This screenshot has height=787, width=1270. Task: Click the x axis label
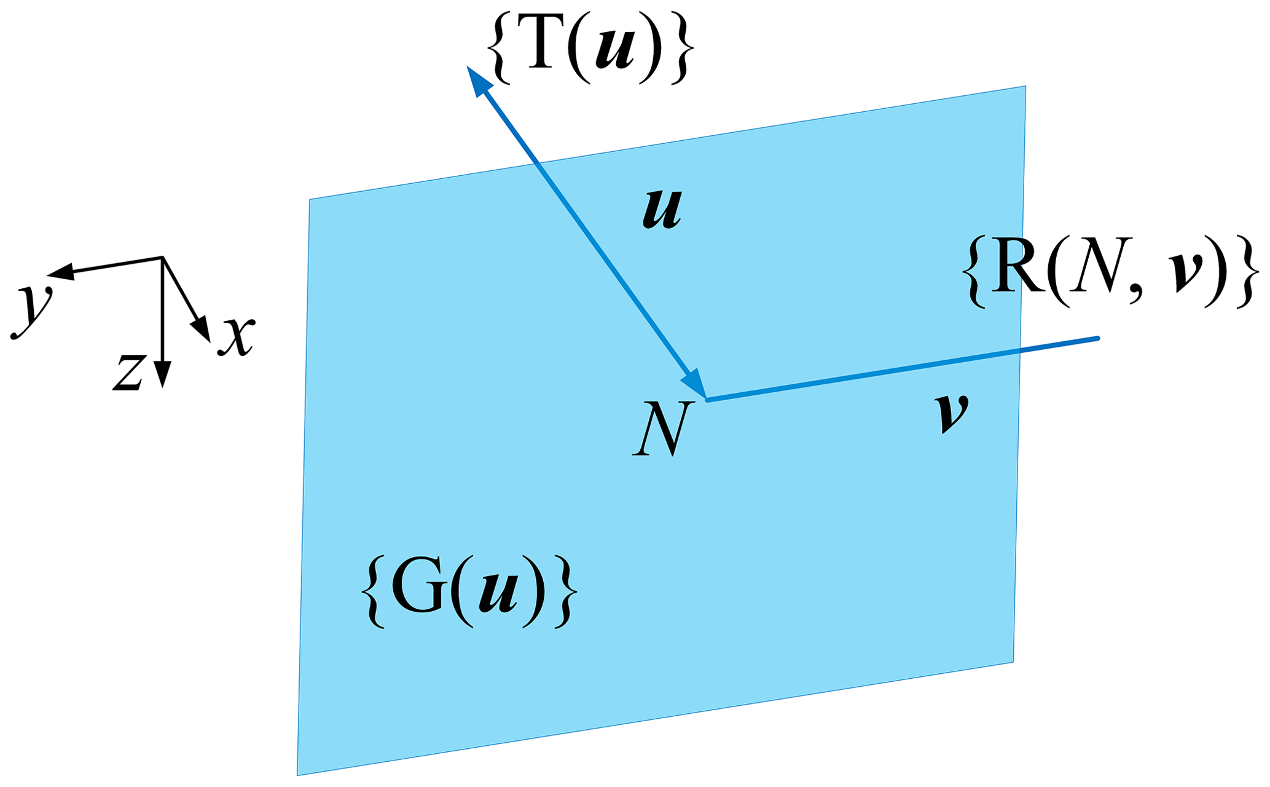(237, 337)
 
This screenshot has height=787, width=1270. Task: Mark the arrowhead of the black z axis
(162, 374)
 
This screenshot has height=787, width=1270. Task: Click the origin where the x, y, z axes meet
(162, 258)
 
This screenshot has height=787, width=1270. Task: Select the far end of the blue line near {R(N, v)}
(1097, 338)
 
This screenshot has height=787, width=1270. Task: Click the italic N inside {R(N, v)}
(1100, 271)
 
